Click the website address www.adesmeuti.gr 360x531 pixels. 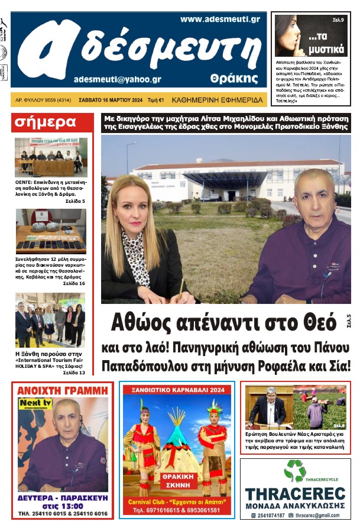220,19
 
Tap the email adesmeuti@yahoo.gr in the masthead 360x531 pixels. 118,79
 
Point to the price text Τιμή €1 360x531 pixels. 155,100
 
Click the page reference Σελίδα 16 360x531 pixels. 74,284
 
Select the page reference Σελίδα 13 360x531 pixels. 74,373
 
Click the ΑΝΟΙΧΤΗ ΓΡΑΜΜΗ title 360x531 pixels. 63,390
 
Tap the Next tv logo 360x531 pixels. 32,403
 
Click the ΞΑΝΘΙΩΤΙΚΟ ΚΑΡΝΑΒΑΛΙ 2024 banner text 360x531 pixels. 178,390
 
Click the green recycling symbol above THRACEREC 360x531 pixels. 294,471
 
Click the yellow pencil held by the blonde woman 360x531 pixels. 181,288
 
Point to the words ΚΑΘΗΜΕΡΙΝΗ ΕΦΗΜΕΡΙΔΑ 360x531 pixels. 217,100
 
